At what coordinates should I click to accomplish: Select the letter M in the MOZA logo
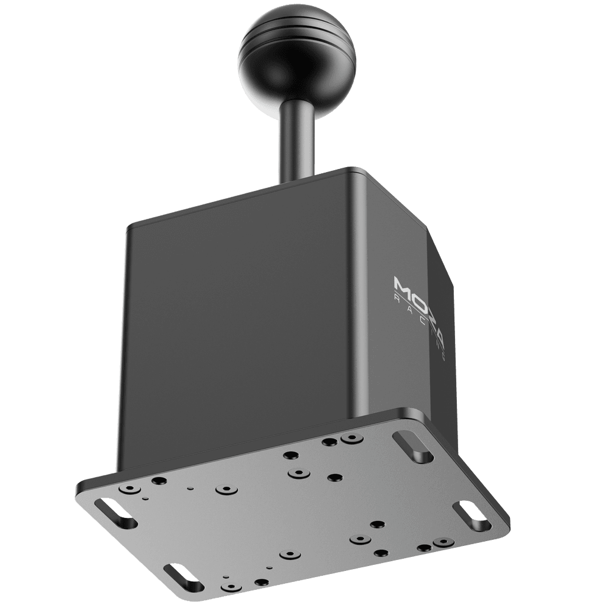(x=403, y=284)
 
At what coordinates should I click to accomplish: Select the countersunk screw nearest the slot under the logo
(x=350, y=439)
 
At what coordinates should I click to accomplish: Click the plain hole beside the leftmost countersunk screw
(x=157, y=481)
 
